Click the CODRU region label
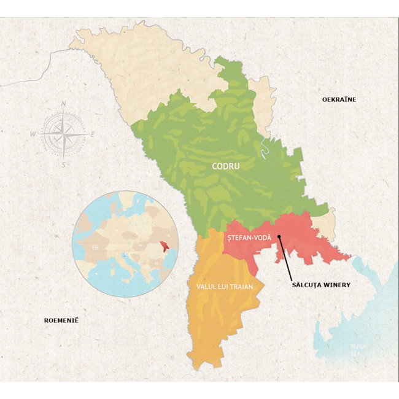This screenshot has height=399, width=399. click(x=225, y=166)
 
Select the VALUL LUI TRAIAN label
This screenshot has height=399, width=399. click(x=224, y=287)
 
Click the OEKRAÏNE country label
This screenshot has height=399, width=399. click(x=339, y=99)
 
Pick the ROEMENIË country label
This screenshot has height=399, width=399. click(x=61, y=320)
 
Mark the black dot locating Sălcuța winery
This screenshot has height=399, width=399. click(x=279, y=236)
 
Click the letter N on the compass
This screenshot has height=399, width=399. click(x=64, y=104)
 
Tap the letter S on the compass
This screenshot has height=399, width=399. click(x=63, y=164)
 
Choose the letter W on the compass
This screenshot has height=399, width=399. click(x=33, y=133)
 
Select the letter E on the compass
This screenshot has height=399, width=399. click(x=93, y=134)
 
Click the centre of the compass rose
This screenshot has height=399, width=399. click(x=63, y=133)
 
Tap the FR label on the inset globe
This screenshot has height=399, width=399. click(x=95, y=248)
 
